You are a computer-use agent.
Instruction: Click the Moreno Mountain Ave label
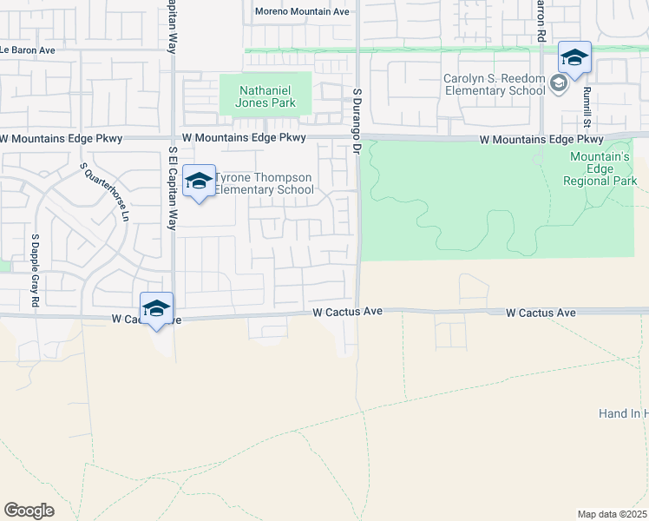(x=302, y=11)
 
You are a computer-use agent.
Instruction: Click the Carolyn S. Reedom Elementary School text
(x=494, y=84)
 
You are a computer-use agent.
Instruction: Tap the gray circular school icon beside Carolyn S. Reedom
(x=559, y=83)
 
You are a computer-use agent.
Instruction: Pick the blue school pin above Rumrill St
(x=574, y=59)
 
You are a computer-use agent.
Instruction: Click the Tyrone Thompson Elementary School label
(x=264, y=184)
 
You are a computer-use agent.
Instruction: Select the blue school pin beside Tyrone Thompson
(x=199, y=182)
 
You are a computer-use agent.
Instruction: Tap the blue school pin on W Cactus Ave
(x=156, y=310)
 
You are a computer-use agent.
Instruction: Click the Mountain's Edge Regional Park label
(x=600, y=168)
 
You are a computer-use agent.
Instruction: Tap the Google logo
(x=29, y=510)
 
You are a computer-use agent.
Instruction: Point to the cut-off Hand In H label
(x=623, y=413)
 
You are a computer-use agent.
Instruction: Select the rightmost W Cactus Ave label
(x=541, y=312)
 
